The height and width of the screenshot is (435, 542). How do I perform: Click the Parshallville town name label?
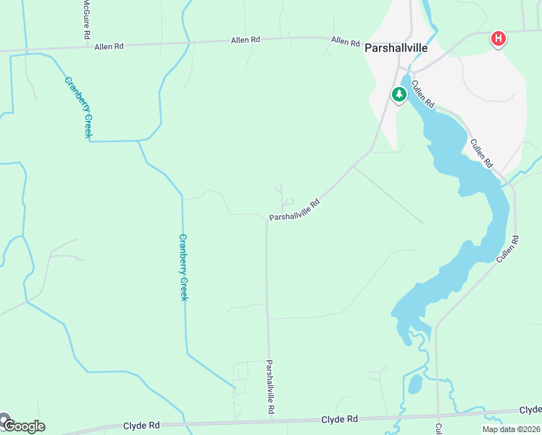pos(396,49)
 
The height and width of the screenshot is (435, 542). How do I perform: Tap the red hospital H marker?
pos(498,38)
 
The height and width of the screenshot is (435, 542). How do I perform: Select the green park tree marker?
pos(399,94)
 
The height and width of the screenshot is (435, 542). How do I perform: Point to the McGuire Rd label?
pos(86,20)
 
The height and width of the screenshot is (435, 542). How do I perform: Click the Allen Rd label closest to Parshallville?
pos(346,41)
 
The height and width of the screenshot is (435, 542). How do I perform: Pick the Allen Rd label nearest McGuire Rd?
pos(109,46)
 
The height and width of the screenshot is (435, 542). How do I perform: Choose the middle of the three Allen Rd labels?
pos(246,40)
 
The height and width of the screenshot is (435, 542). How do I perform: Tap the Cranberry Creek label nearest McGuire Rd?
pos(79,107)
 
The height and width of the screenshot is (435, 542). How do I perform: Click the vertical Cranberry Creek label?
pos(183,268)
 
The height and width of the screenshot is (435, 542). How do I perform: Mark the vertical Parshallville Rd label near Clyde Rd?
pos(270,387)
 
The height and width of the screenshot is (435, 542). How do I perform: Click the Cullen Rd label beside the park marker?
pos(422,92)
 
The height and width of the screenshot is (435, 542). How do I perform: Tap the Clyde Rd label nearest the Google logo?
pos(141,426)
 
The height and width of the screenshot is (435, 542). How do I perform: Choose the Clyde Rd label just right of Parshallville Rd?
pos(340,419)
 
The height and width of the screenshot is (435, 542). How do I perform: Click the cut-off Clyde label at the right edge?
pos(531,410)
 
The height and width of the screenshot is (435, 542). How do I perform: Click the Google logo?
pos(23,426)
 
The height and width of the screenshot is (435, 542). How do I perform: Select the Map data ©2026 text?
pos(510,429)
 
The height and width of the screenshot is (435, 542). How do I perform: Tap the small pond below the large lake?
pos(414,384)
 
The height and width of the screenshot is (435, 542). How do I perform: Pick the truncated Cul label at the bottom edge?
pos(439,428)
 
